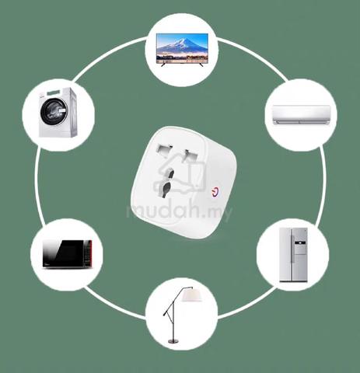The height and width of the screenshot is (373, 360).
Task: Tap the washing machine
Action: (x=58, y=112)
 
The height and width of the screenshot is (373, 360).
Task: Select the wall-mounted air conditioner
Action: (x=301, y=115)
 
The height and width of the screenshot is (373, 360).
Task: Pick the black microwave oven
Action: (x=67, y=254)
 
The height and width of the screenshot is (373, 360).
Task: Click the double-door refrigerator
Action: (x=293, y=255)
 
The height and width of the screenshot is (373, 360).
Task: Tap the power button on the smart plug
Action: (x=215, y=193)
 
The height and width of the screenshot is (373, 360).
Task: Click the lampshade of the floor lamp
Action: (x=191, y=296)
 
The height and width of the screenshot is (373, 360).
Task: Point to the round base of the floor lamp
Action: (x=173, y=341)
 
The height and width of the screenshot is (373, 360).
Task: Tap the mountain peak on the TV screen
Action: (x=183, y=40)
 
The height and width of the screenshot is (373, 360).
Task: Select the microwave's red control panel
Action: (x=88, y=253)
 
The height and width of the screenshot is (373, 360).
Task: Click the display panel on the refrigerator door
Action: (x=299, y=243)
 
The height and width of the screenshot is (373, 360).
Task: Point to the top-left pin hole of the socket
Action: (x=164, y=151)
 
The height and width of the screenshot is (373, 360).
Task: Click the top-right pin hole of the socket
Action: (x=190, y=156)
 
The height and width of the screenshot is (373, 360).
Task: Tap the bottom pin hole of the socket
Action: (x=166, y=188)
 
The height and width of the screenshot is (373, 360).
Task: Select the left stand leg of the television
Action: (x=163, y=64)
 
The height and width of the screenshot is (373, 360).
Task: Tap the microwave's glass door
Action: (x=64, y=254)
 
